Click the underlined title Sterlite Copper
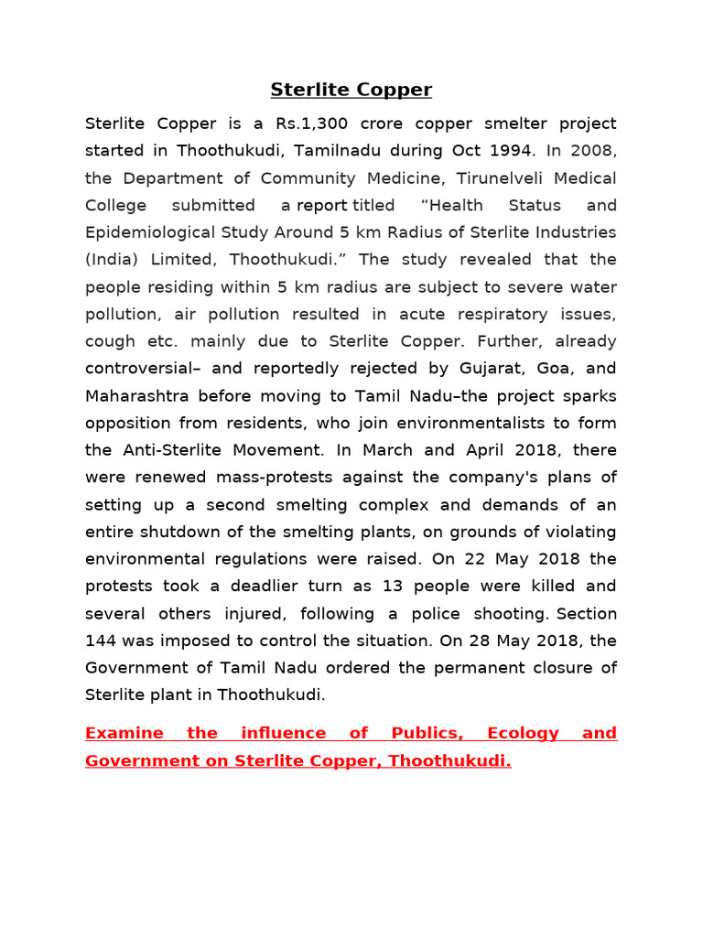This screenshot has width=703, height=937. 351,90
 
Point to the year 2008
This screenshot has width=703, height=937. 596,151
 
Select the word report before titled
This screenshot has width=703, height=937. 321,205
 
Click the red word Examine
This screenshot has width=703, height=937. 124,733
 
